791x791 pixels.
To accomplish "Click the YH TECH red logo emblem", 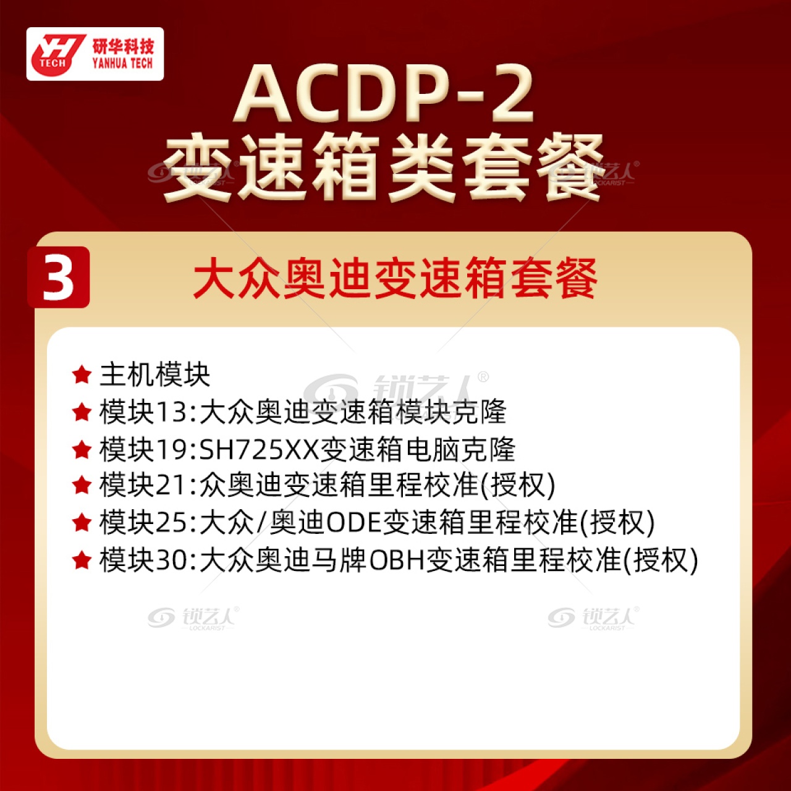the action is coord(57,54).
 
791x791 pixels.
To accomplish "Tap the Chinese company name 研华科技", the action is coord(123,47).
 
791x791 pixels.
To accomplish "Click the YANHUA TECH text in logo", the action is coord(122,64).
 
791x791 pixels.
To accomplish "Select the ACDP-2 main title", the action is coord(384,94).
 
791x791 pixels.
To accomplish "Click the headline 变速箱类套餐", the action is coord(384,167).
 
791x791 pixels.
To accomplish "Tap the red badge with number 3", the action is coord(58,277).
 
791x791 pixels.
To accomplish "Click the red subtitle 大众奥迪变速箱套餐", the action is coord(395,277).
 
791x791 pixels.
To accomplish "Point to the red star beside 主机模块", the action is coord(82,374).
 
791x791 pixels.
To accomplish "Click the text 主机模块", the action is coord(154,374).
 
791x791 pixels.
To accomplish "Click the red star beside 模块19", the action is coord(82,449).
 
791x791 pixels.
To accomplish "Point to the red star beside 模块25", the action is coord(82,523).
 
